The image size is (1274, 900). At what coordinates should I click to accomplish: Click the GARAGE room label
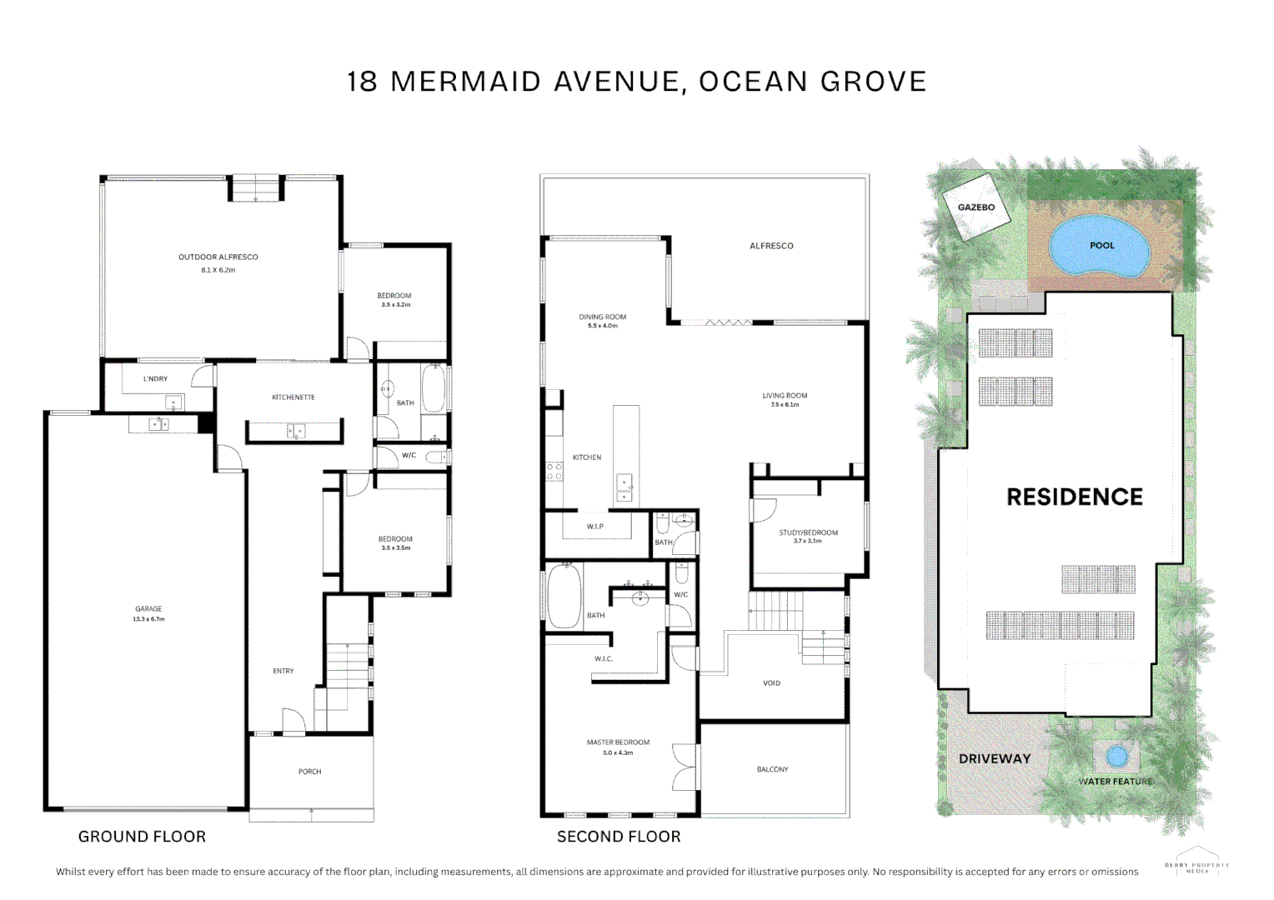point(148,609)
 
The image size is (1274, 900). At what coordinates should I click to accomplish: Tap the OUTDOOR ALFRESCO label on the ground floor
point(218,257)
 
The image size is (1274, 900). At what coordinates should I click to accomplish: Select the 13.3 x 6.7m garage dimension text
point(148,619)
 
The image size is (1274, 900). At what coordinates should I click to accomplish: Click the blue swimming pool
point(1099,246)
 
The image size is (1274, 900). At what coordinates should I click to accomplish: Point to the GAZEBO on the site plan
point(976,207)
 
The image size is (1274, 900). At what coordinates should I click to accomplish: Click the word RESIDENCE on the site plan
point(1074,497)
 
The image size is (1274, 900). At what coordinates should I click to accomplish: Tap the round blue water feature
point(1116,757)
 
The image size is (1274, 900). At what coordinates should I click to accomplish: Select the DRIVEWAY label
point(994,759)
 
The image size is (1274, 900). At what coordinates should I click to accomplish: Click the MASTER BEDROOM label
point(618,742)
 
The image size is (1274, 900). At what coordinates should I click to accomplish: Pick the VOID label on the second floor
point(771,683)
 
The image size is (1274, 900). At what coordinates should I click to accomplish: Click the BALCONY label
point(772,770)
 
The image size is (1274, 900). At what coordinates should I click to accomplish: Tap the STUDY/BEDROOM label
point(808,532)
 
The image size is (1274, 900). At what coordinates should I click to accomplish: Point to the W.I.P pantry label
point(594,527)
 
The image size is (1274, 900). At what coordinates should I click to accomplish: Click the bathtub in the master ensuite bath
point(564,597)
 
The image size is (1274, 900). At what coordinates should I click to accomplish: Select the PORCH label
point(309,772)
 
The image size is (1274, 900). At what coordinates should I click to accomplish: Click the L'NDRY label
point(155,379)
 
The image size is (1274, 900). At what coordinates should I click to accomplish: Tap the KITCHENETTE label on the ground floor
point(293,397)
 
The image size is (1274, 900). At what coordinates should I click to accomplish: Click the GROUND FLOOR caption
point(142,837)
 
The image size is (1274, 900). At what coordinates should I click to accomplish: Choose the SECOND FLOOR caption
point(619,837)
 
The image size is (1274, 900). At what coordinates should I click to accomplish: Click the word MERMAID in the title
point(465,82)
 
